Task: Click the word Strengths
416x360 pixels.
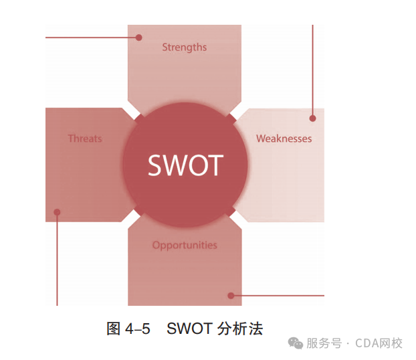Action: [184, 48]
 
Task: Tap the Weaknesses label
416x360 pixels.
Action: [284, 139]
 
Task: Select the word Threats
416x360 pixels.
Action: [85, 139]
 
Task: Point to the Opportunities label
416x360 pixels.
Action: [185, 245]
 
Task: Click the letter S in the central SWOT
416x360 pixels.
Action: [156, 165]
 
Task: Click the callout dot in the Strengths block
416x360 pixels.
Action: [139, 37]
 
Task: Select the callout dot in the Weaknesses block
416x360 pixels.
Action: [312, 118]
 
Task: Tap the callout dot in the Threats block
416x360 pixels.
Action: [57, 213]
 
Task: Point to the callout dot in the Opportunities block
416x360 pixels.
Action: [231, 295]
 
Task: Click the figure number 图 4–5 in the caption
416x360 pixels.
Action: [128, 329]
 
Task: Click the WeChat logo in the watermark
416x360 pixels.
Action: [294, 343]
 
